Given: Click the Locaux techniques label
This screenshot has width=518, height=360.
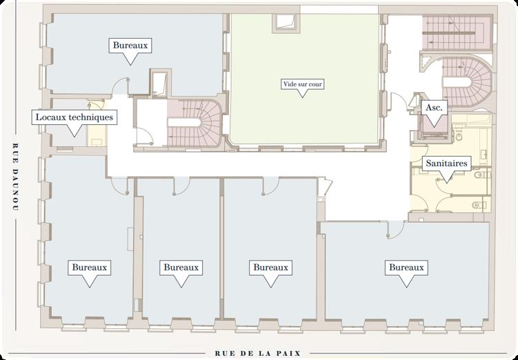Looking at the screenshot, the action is [74, 117].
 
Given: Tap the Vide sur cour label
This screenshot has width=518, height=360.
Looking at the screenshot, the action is [303, 84].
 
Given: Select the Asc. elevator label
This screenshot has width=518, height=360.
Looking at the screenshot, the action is [434, 108].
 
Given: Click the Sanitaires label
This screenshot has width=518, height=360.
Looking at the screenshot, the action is [447, 163].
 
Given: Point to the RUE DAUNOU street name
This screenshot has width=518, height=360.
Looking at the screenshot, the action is [14, 177].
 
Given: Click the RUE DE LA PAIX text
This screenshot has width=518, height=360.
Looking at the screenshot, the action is [258, 354].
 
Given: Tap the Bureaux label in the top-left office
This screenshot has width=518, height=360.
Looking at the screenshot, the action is [130, 46].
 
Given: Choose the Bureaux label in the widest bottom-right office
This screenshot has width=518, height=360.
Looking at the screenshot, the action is [406, 268].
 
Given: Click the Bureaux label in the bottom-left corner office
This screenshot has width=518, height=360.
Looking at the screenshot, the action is [90, 268].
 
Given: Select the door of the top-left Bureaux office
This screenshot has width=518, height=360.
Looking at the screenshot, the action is [120, 86].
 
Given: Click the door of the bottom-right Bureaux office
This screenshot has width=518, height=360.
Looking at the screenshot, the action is [395, 228].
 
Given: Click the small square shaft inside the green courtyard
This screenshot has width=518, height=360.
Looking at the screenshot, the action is [286, 23].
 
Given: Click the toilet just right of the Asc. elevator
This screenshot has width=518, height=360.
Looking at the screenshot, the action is [460, 135].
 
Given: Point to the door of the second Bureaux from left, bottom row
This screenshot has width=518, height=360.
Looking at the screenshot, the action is [181, 187].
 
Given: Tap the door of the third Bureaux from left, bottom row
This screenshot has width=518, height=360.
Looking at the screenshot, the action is [270, 187].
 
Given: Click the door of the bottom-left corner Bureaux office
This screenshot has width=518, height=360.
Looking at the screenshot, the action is [119, 187].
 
